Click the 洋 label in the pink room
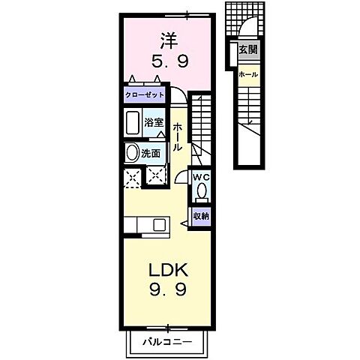coord(166,37)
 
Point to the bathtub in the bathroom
coord(133,123)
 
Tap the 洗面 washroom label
coord(152,153)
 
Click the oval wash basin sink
coord(132,153)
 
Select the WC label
coord(201,177)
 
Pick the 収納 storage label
coord(200,216)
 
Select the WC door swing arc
coord(181,178)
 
